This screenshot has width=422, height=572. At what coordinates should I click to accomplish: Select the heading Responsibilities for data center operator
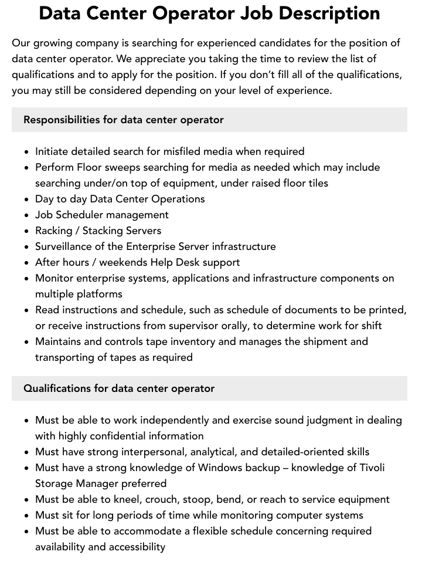124,120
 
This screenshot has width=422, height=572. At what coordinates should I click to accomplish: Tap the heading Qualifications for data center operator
119,388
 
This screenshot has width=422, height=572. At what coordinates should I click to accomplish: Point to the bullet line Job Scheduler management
102,215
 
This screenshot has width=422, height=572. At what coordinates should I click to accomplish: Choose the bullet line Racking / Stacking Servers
98,231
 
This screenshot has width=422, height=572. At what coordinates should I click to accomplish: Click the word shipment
321,341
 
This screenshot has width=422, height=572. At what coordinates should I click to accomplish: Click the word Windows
221,468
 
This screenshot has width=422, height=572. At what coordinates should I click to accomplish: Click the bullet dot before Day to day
26,199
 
